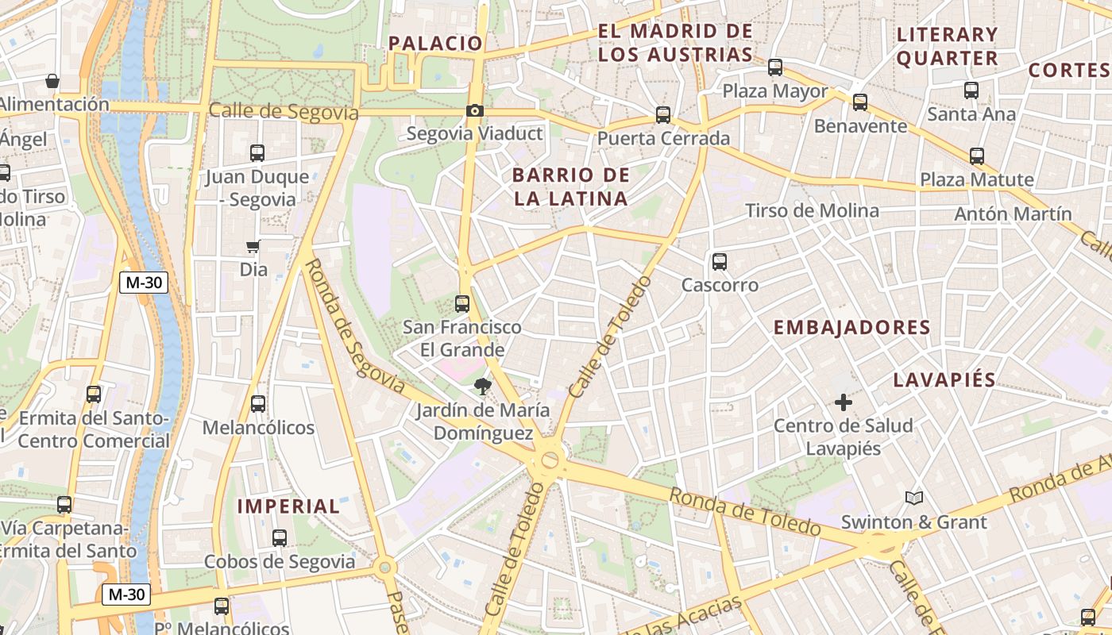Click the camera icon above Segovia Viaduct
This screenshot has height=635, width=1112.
tap(475, 111)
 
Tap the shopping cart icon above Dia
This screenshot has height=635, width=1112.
tap(253, 247)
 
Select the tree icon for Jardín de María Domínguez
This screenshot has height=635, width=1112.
tap(481, 387)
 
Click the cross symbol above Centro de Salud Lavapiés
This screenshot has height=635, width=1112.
tap(843, 403)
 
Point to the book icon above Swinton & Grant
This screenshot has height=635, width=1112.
tap(914, 498)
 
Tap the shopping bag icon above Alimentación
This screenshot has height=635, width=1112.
tap(52, 81)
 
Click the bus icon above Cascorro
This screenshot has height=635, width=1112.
tap(720, 261)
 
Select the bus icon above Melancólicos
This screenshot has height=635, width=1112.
tap(258, 404)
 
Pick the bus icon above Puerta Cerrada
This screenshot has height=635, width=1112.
tap(663, 115)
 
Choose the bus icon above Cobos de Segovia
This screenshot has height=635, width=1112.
tap(280, 537)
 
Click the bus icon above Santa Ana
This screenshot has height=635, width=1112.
tap(971, 90)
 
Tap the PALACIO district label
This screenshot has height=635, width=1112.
tap(435, 44)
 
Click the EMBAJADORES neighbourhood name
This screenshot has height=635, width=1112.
tap(851, 328)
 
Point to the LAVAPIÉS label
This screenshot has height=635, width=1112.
tap(944, 379)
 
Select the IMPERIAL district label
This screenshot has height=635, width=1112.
tap(288, 506)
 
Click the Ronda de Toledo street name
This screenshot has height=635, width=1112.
tap(744, 512)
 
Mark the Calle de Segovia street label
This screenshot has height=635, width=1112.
tap(284, 112)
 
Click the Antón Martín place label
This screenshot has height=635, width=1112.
tap(1013, 214)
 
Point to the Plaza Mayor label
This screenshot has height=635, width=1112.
tap(774, 91)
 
